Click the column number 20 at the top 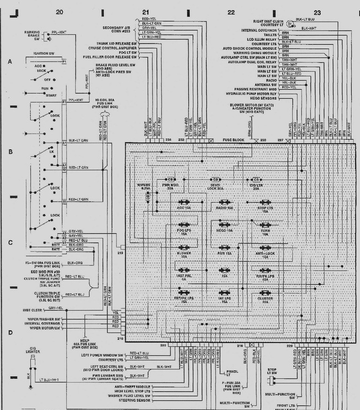(x=59, y=12)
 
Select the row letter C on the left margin (x=9, y=243)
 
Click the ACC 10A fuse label (x=183, y=207)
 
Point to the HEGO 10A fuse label (x=225, y=231)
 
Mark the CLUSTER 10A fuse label (x=265, y=300)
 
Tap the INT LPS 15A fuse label (x=225, y=300)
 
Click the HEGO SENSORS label (x=267, y=98)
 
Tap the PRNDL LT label (x=232, y=373)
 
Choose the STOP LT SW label (x=271, y=372)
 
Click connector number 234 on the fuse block (x=168, y=140)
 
